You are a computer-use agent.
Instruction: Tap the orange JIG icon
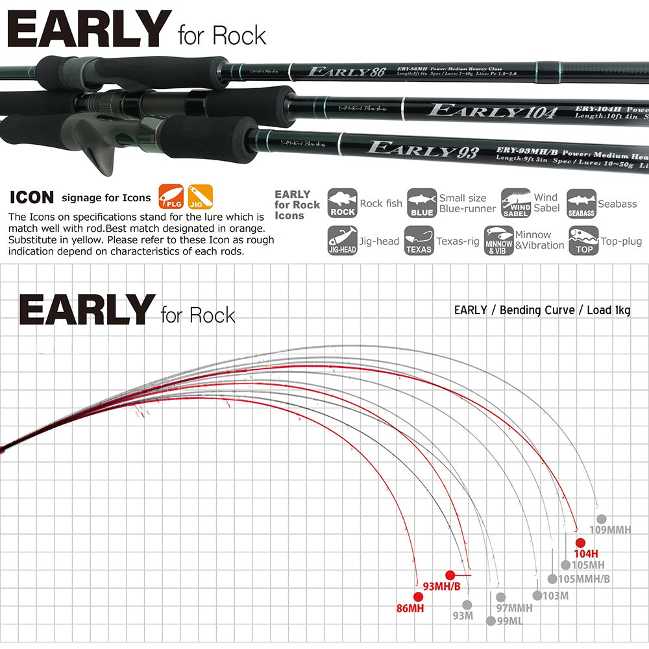200,196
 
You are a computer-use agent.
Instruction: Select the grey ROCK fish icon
342,203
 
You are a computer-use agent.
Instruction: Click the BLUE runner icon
421,203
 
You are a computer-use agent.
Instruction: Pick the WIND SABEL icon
516,203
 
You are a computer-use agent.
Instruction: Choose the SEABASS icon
581,203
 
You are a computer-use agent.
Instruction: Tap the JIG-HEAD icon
342,240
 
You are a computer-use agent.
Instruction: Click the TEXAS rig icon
419,240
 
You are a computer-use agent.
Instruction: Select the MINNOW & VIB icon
498,240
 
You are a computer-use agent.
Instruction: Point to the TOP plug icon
582,240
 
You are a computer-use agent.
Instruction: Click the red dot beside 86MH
417,596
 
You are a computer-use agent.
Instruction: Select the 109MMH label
610,530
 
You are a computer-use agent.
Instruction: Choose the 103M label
555,596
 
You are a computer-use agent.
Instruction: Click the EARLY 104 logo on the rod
493,111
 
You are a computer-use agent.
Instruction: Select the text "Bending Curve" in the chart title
537,310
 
